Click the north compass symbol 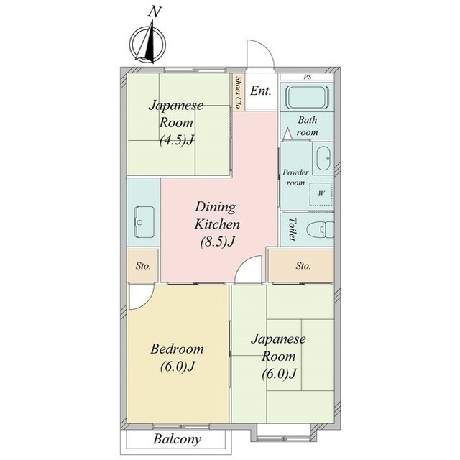[147, 44]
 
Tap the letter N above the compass [155, 11]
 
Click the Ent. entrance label [260, 91]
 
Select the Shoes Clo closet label [239, 92]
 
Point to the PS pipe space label [308, 77]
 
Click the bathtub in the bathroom [307, 97]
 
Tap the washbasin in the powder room [323, 158]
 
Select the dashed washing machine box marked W [321, 193]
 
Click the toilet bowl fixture [321, 230]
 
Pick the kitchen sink [144, 222]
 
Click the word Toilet [292, 229]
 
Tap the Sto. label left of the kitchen [143, 266]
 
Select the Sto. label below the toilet [303, 266]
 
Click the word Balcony [177, 439]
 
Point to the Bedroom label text [177, 349]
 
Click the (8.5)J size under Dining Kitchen [218, 242]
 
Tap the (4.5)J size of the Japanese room [177, 140]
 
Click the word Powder [295, 172]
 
